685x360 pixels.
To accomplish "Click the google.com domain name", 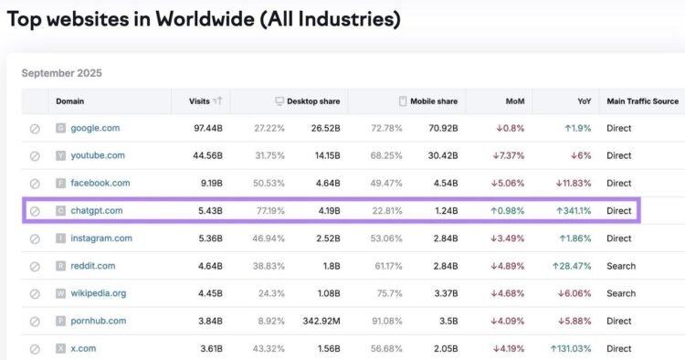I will (95, 128).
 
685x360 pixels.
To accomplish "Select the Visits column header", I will (198, 101).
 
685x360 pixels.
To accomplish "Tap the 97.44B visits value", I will (205, 128).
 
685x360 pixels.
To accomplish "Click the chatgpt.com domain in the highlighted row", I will (96, 211).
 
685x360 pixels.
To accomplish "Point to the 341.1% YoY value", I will (573, 211).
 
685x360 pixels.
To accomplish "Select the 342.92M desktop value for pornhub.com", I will (320, 321).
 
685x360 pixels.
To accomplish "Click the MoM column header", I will (515, 101).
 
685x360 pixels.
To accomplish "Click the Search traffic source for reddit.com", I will (620, 266).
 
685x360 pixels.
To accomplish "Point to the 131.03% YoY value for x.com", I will (572, 348).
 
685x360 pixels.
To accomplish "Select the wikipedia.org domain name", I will (98, 293).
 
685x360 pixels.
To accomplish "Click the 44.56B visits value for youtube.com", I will (205, 155).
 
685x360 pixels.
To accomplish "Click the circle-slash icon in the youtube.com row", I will (35, 155).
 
